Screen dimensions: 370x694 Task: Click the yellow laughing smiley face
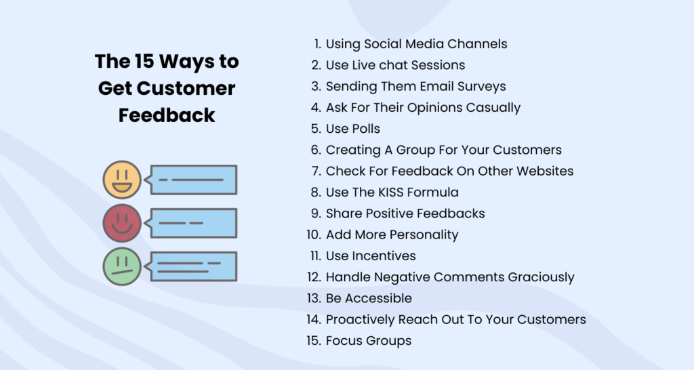[x=122, y=180]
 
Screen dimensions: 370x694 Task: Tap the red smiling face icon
[x=122, y=223]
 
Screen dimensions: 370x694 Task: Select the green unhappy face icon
[x=122, y=266]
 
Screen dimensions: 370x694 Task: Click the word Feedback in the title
[x=167, y=115]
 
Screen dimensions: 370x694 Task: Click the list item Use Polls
[x=352, y=129]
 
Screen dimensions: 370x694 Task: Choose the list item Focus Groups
[x=368, y=340]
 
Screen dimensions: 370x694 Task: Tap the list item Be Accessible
[x=368, y=298]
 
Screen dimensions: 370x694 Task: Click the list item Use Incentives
[x=370, y=256]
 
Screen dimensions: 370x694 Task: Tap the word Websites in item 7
[x=546, y=171]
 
